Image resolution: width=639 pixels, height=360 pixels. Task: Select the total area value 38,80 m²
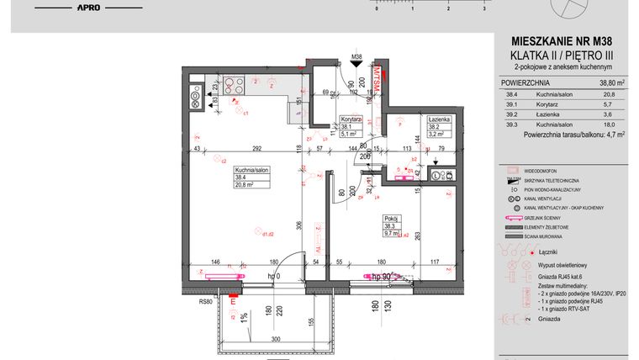(x=611, y=83)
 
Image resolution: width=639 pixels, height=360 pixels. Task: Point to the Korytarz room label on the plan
(x=350, y=119)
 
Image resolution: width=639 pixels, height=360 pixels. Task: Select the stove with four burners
(x=233, y=82)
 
